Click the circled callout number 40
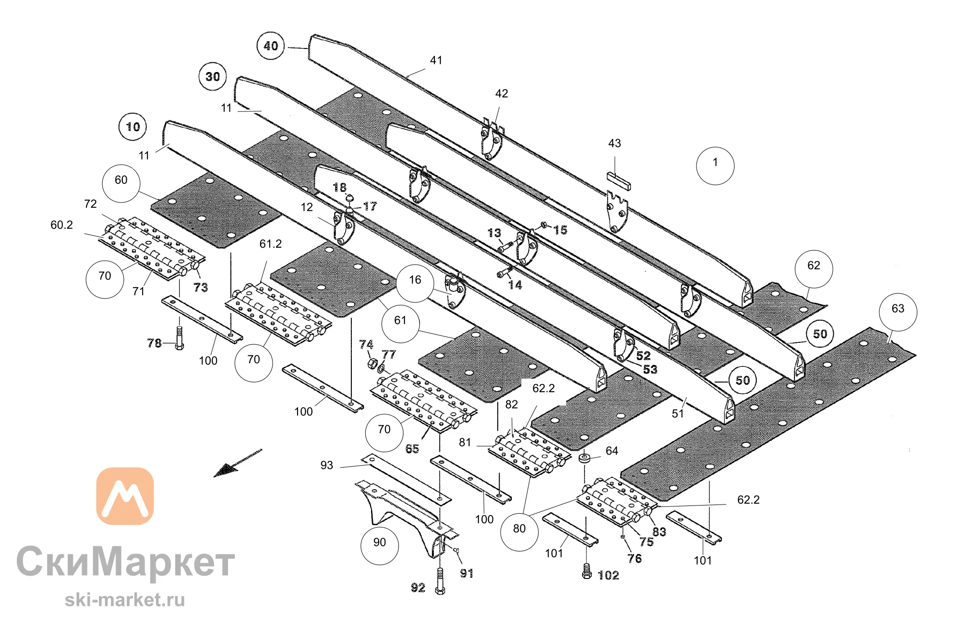click(271, 46)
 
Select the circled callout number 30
click(213, 76)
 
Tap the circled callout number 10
click(133, 127)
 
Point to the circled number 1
click(715, 166)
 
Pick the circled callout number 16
click(415, 283)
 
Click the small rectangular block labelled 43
click(619, 181)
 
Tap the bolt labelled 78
click(180, 338)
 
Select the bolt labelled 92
click(440, 581)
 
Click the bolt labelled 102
click(587, 571)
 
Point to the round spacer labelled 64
click(584, 457)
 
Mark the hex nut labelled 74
click(372, 363)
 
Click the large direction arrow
click(238, 463)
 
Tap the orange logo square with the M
click(125, 496)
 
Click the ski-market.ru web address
click(125, 600)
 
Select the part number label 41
click(436, 60)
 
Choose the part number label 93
click(326, 465)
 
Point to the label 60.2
click(62, 225)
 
